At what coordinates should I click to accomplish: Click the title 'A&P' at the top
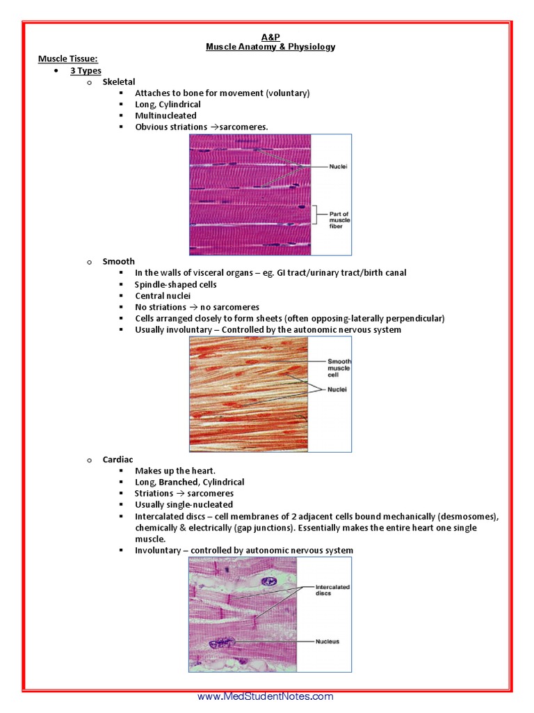[x=270, y=36]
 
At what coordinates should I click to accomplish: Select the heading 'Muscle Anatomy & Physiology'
[x=270, y=47]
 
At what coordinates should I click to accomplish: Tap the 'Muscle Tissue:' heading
[x=67, y=59]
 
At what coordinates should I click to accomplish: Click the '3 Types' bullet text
[x=86, y=71]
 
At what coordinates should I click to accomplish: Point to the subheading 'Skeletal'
[x=119, y=82]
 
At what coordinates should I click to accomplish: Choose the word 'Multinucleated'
[x=165, y=116]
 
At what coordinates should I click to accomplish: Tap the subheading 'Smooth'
[x=118, y=262]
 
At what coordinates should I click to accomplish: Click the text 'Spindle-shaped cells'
[x=176, y=285]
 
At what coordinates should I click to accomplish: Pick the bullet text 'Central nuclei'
[x=163, y=296]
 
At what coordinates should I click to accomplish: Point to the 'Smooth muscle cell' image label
[x=339, y=368]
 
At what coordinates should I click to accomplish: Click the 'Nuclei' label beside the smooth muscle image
[x=337, y=390]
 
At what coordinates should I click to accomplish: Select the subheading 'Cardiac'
[x=118, y=460]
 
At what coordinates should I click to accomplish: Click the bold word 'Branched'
[x=178, y=482]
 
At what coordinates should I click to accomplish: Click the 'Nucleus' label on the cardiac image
[x=327, y=641]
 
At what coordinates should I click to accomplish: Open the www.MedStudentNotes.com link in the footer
[x=266, y=696]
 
